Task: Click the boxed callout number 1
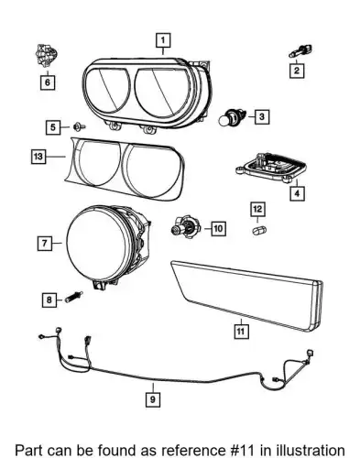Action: click(163, 40)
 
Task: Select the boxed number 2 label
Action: click(297, 71)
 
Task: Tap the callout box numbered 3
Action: click(262, 116)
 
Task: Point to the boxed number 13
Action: click(38, 157)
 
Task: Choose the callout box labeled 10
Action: click(218, 228)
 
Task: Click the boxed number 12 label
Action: click(257, 209)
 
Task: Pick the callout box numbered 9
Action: click(153, 399)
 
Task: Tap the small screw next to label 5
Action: click(80, 126)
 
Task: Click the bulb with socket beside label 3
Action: click(233, 117)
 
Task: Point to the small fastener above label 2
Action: click(300, 51)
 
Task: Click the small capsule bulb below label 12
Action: click(259, 231)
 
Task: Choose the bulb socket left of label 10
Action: click(185, 227)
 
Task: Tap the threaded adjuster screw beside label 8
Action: click(73, 297)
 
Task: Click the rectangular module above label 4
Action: click(271, 167)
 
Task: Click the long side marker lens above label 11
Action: click(246, 295)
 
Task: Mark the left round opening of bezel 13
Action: click(99, 163)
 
